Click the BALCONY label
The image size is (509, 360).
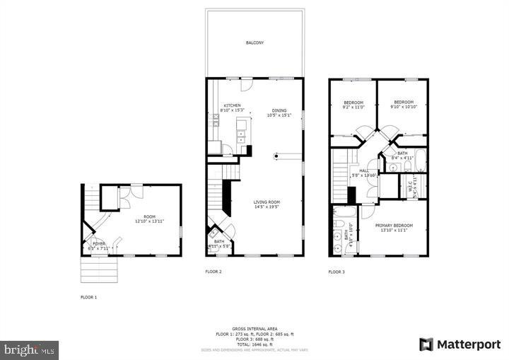(x=255, y=43)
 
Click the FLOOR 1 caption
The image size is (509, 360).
(x=88, y=297)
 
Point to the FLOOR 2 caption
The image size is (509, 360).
(x=213, y=272)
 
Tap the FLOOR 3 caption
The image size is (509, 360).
(x=337, y=272)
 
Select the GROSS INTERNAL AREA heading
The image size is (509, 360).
(x=254, y=329)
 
